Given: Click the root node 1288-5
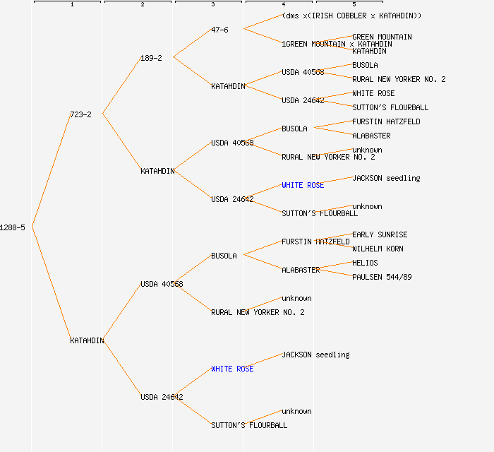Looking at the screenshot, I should (x=13, y=227).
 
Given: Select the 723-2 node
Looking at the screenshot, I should (x=80, y=114).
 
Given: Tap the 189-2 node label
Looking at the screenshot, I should (x=151, y=58).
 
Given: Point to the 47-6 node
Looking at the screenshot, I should (x=219, y=30).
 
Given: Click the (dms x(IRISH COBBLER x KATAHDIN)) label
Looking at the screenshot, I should (x=351, y=16).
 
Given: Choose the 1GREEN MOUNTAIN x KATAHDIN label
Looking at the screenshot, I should (x=337, y=44).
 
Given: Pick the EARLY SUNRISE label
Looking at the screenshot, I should (x=380, y=234).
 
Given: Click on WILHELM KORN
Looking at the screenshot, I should (x=378, y=249).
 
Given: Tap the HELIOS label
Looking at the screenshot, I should (x=365, y=263).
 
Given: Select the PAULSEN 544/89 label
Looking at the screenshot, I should (x=382, y=277).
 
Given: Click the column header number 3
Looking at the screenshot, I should (x=212, y=4).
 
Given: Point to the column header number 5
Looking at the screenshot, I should (x=354, y=4).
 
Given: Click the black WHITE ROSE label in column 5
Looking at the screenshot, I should (x=373, y=93).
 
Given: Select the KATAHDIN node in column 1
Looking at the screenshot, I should (x=87, y=340).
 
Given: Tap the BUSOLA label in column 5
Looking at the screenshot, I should (x=365, y=65).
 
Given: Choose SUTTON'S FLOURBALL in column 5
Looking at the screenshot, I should (x=390, y=107).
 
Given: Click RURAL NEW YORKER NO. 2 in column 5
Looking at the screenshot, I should (x=399, y=79).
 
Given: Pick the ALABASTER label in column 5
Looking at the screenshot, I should (x=371, y=136).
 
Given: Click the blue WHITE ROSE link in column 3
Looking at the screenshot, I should (x=232, y=369).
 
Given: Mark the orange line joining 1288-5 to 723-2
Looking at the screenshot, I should (x=51, y=170).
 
